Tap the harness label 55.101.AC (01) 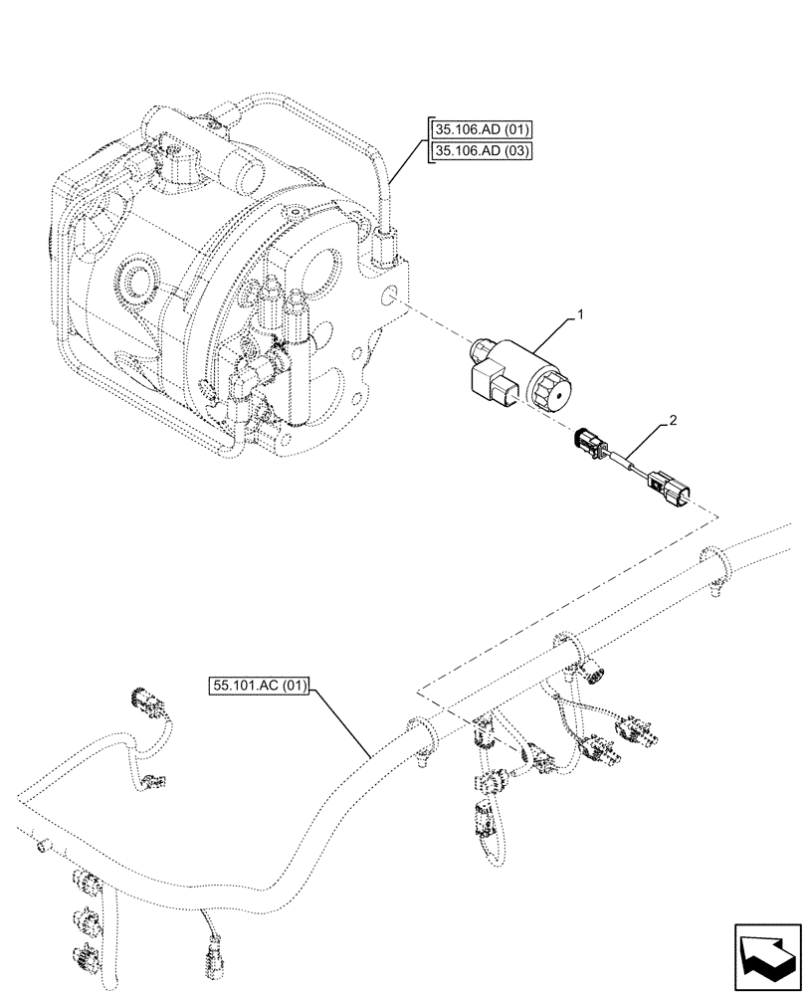point(261,686)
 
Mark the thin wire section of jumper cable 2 point(624,463)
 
